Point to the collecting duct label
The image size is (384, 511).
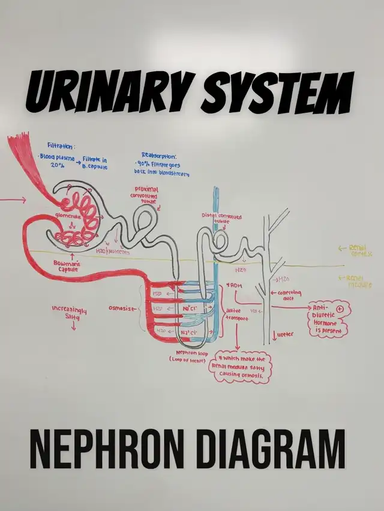pyautogui.click(x=290, y=295)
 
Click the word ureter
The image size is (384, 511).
pyautogui.click(x=286, y=334)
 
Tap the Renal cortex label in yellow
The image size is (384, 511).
pyautogui.click(x=359, y=250)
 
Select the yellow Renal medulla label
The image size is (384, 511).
pyautogui.click(x=359, y=282)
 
